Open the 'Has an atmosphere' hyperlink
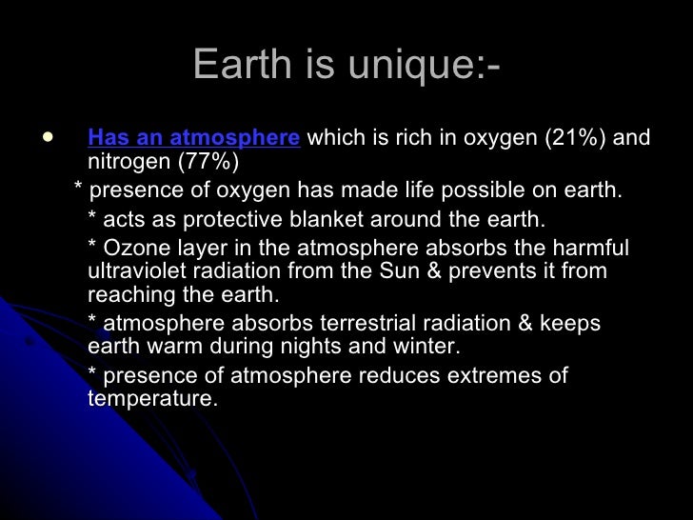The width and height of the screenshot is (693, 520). click(x=193, y=138)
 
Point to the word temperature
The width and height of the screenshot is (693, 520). click(x=152, y=398)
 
